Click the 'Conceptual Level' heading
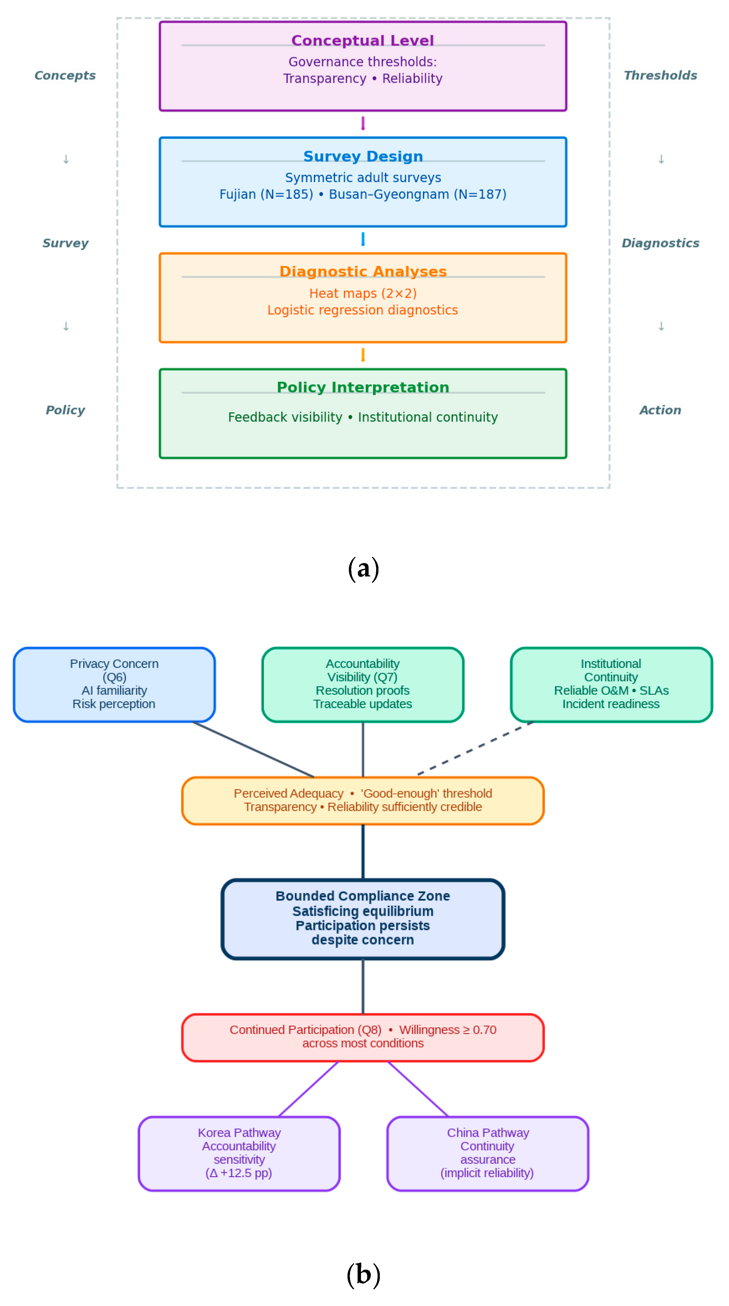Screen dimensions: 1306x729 coord(363,41)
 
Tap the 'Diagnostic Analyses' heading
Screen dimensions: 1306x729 coord(363,272)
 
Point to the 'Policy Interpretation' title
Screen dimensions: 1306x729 coord(363,387)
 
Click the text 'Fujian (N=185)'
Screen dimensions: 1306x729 coord(266,195)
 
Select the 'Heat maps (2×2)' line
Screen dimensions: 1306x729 coord(363,294)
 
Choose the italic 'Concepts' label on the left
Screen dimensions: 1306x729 coord(65,75)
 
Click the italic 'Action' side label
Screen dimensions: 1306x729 coord(660,410)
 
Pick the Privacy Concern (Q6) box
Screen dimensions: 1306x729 coord(114,685)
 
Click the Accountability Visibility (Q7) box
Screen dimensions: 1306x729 coord(363,685)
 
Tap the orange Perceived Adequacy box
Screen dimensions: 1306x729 coord(363,800)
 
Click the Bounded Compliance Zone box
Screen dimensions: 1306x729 coord(363,919)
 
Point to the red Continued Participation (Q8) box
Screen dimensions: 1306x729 coord(363,1037)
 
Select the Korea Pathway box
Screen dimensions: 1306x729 coord(239,1153)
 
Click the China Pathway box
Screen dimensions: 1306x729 coord(488,1153)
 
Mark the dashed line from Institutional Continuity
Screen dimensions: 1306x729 coord(475,748)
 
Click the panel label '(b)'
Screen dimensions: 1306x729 coord(363,1274)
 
